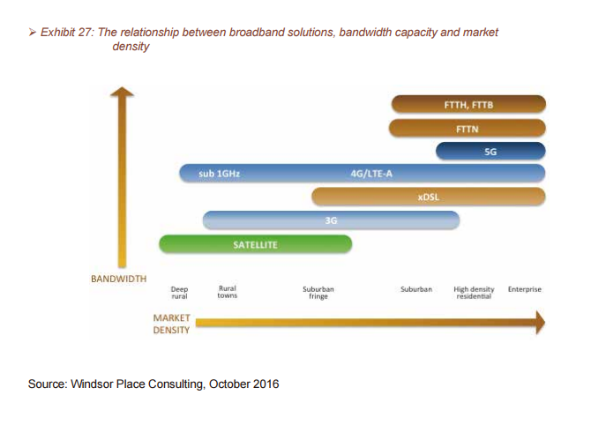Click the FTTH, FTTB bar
(x=468, y=104)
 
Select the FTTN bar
(x=467, y=128)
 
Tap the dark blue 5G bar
(x=490, y=152)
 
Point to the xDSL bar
(x=429, y=197)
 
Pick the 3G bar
(x=331, y=220)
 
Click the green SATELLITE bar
(x=255, y=244)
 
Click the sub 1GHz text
(x=220, y=174)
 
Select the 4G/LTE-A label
(x=371, y=174)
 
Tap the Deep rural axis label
(x=179, y=293)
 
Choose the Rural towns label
(x=228, y=292)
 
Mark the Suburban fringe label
(x=318, y=293)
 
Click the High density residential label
(x=474, y=293)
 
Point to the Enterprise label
(x=525, y=289)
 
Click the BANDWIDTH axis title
(x=119, y=279)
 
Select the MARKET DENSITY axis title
(x=171, y=324)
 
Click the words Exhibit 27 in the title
(x=66, y=33)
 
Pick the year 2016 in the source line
(x=266, y=384)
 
